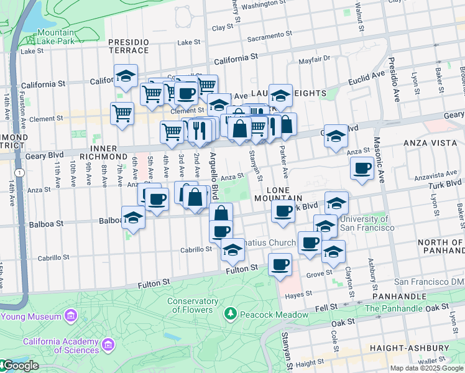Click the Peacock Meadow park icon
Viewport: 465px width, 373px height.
231,314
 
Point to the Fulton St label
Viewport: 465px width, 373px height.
242,269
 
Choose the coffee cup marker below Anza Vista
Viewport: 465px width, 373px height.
362,168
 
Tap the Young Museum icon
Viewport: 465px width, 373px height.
71,316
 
